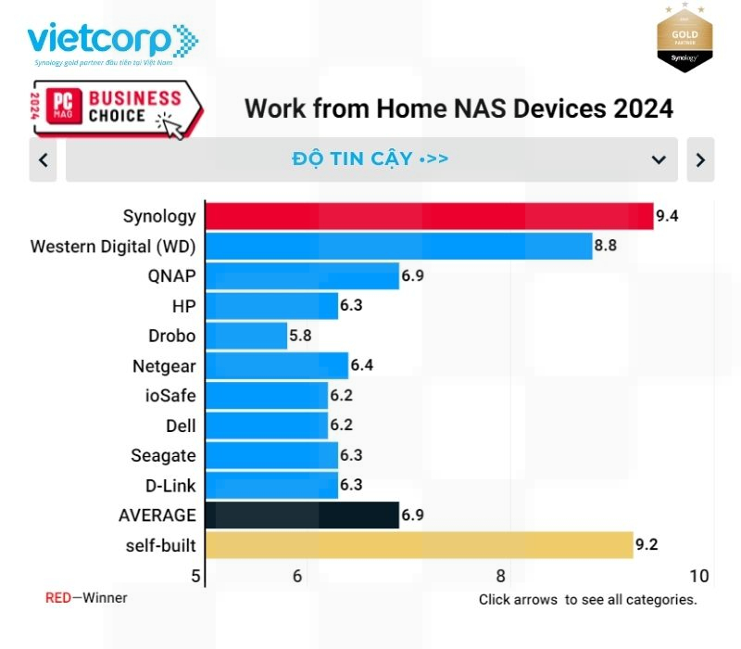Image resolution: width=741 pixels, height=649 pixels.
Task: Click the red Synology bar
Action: click(x=429, y=216)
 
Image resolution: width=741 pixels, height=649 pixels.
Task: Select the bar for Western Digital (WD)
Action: click(x=398, y=246)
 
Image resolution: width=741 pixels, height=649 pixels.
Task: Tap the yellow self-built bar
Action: click(x=419, y=545)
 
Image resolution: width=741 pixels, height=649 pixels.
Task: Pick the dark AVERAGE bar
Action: click(x=302, y=515)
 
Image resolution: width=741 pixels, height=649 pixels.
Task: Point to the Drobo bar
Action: click(x=246, y=336)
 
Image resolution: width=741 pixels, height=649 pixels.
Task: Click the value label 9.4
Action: click(x=667, y=217)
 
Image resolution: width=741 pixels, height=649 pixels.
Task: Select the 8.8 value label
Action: click(x=606, y=247)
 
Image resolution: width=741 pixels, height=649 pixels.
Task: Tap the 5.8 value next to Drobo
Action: click(x=300, y=336)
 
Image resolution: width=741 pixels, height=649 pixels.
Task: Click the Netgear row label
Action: click(x=164, y=365)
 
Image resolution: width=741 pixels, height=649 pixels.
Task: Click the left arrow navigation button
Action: click(x=43, y=159)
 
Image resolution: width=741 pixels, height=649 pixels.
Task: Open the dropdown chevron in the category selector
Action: click(x=659, y=159)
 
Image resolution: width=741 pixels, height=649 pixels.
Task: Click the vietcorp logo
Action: click(x=111, y=43)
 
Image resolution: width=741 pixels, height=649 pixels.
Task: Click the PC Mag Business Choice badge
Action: click(x=116, y=108)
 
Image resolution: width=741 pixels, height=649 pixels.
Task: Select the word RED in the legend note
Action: click(x=57, y=598)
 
